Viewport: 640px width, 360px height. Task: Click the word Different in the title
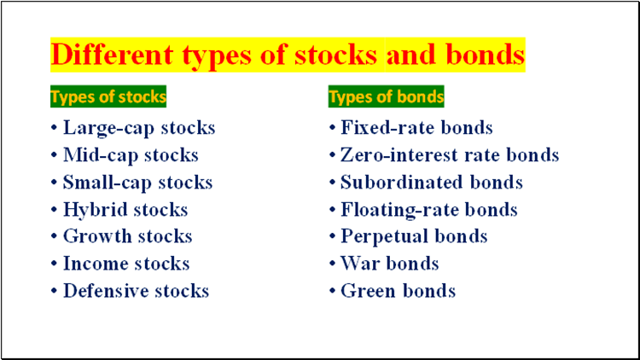coord(113,55)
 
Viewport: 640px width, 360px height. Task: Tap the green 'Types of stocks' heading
coord(108,96)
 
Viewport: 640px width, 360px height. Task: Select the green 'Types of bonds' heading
coord(386,96)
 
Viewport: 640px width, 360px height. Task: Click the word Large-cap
coord(108,128)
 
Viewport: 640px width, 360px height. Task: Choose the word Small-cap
coord(107,183)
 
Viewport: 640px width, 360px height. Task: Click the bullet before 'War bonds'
coord(332,264)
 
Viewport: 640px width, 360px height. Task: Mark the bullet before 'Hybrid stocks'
coord(54,210)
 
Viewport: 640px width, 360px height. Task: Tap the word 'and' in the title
coord(411,55)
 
